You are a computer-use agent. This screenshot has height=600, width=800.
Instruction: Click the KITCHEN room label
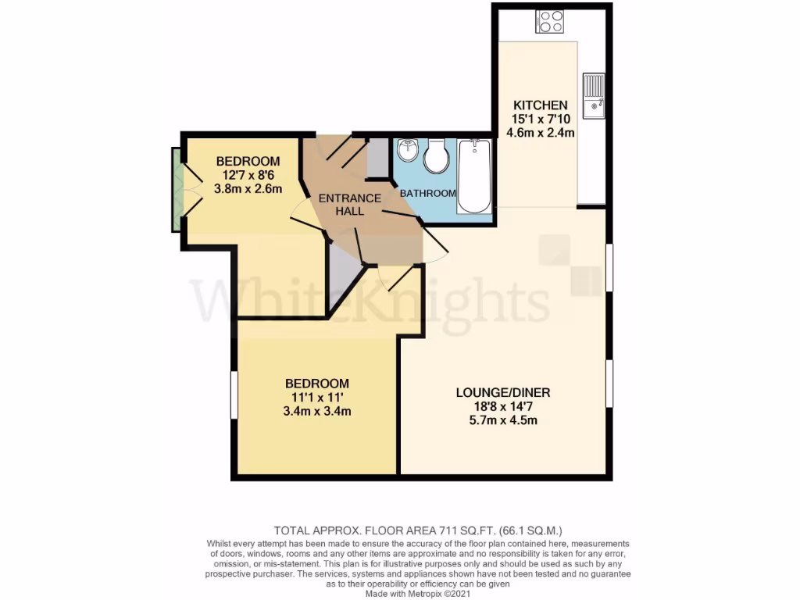[x=539, y=105]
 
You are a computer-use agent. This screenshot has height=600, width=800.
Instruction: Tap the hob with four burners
[x=549, y=22]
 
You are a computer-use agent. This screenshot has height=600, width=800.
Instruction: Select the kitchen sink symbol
[x=594, y=95]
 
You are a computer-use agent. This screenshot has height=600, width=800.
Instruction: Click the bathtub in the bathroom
[x=473, y=176]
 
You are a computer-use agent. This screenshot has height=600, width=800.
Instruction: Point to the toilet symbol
[x=435, y=157]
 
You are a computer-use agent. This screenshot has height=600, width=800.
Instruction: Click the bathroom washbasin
[x=407, y=150]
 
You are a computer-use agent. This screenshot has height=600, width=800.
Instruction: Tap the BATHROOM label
[x=427, y=193]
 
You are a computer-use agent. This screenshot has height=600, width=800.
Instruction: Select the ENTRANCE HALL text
[x=349, y=205]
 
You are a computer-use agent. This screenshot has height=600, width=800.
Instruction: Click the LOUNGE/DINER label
[x=498, y=392]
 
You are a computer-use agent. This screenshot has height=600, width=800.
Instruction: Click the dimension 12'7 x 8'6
[x=248, y=175]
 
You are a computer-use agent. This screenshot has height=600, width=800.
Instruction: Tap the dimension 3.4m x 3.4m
[x=316, y=411]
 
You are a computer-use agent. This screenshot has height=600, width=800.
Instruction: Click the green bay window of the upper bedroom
[x=177, y=190]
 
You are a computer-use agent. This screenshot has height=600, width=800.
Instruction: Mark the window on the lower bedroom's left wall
[x=233, y=396]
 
